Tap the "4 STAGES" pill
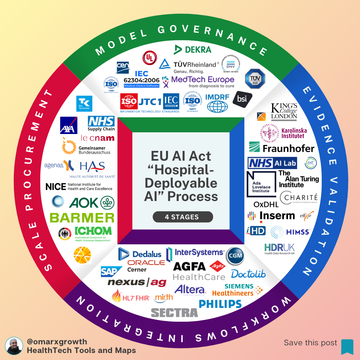click(x=180, y=216)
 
